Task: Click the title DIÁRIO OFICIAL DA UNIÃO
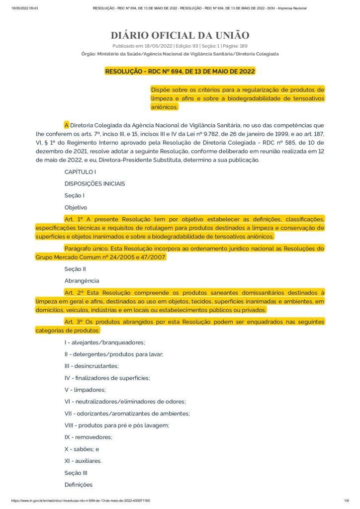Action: click(x=180, y=35)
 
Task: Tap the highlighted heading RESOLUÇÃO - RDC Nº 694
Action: click(x=180, y=71)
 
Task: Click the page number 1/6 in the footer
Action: click(x=347, y=501)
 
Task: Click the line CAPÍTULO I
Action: click(x=80, y=171)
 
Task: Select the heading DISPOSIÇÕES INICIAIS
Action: click(x=94, y=183)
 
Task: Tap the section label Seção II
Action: click(x=75, y=269)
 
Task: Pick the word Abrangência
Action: click(x=82, y=281)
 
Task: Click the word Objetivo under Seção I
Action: click(x=76, y=207)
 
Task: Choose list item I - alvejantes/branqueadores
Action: click(x=104, y=342)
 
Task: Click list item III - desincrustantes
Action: click(x=91, y=366)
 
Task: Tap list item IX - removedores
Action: click(x=88, y=437)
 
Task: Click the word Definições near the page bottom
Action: click(x=79, y=485)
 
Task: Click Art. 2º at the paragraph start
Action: click(x=74, y=293)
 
